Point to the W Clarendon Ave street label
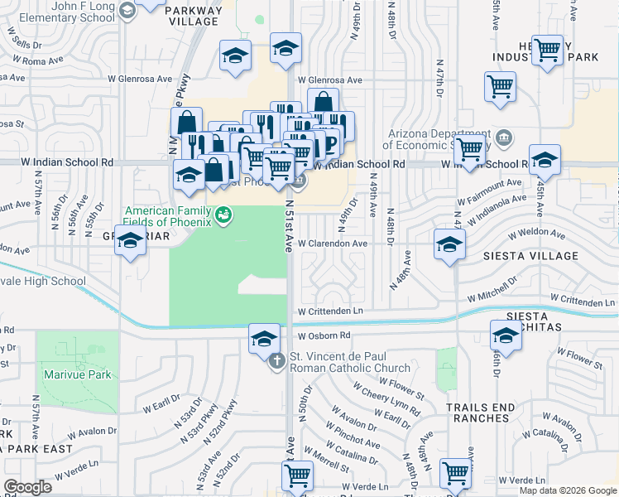tap(332, 244)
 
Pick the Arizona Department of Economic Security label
tap(439, 141)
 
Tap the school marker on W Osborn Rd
tap(264, 338)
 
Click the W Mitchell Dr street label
tap(496, 296)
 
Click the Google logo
tap(28, 487)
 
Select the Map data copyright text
tap(567, 490)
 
